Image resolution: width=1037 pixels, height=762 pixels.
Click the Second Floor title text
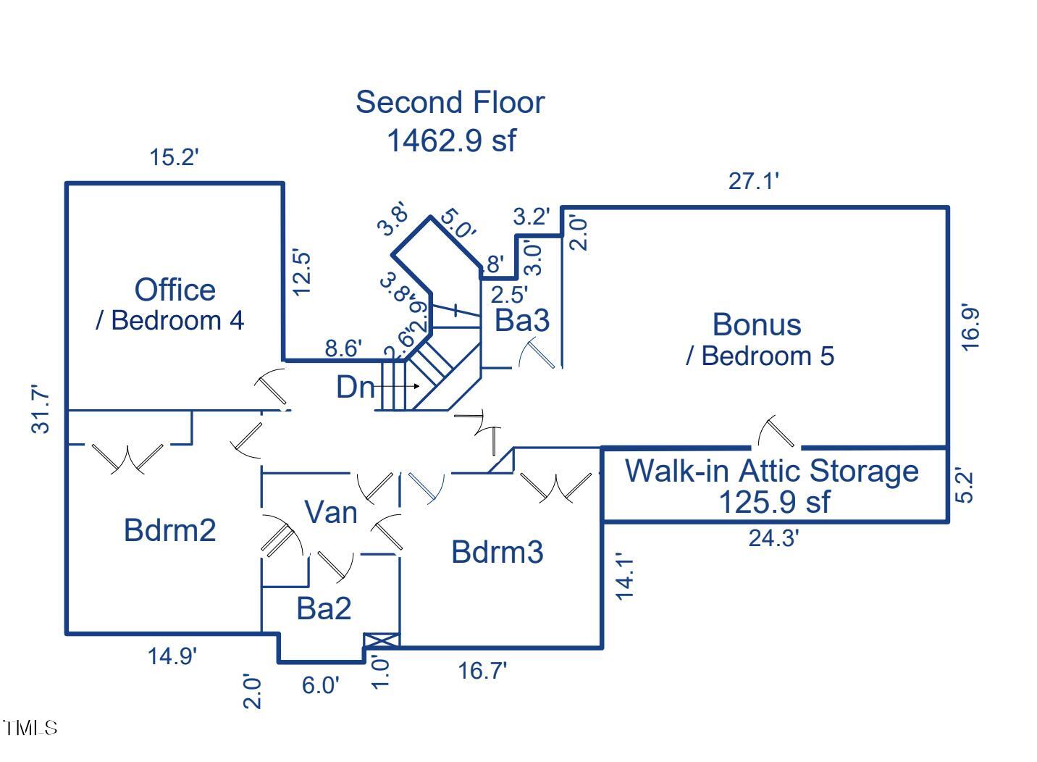(x=449, y=102)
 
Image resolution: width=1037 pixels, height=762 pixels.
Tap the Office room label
(x=175, y=290)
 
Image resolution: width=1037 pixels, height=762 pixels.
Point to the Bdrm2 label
(x=169, y=530)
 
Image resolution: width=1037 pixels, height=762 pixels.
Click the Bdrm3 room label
(x=497, y=552)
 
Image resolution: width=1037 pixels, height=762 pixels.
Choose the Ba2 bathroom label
(x=324, y=608)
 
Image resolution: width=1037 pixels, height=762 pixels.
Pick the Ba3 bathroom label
(x=521, y=320)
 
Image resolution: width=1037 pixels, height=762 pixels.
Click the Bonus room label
(x=757, y=325)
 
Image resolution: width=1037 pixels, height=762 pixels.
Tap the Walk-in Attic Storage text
(x=772, y=471)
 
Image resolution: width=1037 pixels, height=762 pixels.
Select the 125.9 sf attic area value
(x=773, y=502)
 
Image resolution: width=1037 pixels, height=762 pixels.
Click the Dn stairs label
(x=355, y=388)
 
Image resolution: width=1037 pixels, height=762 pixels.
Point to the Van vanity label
(x=331, y=513)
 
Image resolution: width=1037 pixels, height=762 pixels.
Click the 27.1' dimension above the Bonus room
(x=753, y=181)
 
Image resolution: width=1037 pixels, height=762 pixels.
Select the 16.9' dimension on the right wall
(x=970, y=328)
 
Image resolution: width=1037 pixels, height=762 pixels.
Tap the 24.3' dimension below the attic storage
(x=773, y=538)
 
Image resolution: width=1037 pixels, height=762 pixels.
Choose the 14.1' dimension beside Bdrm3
(x=624, y=576)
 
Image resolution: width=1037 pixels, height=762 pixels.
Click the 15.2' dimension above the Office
(x=174, y=157)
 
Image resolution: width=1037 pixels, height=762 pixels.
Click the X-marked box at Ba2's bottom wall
(x=381, y=640)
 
